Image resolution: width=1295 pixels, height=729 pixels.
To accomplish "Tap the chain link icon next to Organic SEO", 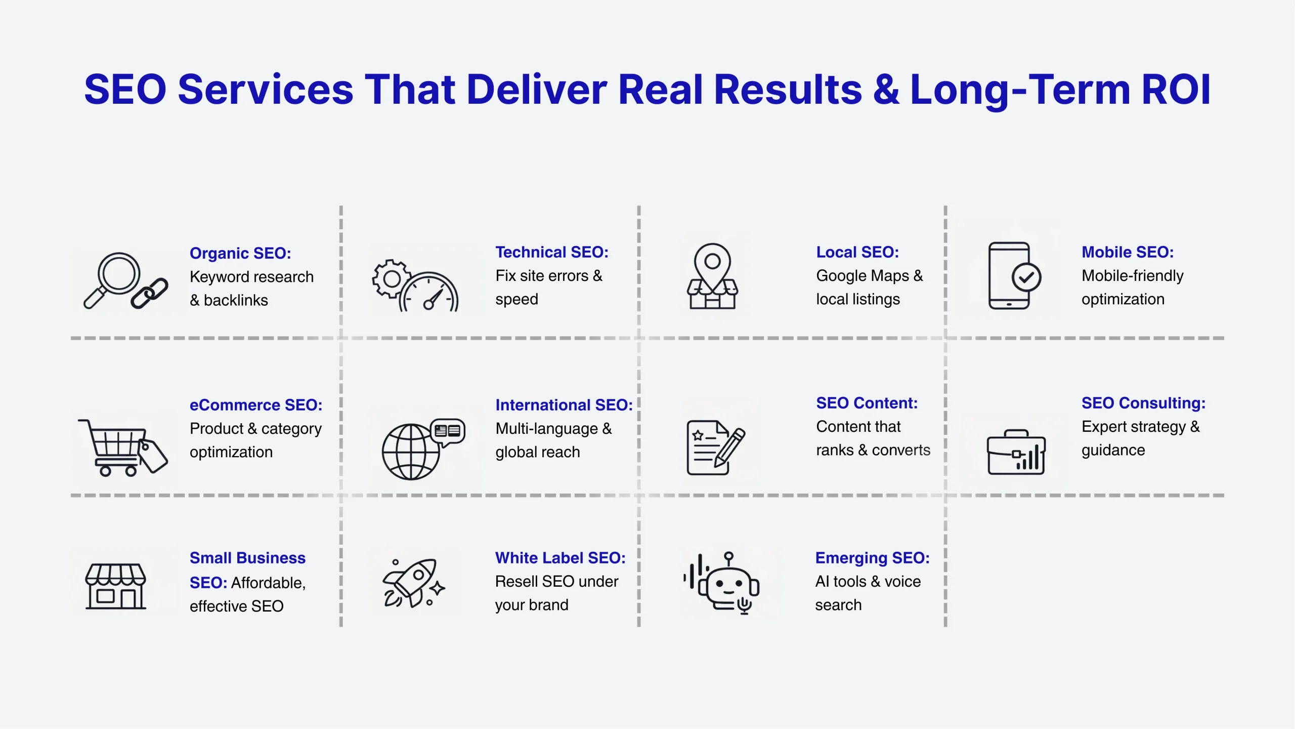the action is tap(149, 293).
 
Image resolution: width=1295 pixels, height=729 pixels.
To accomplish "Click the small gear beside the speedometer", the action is tap(391, 278).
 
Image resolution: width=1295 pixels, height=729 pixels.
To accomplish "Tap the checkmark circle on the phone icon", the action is tap(1026, 277).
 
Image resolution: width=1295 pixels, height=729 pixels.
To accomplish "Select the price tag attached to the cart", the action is tap(152, 455).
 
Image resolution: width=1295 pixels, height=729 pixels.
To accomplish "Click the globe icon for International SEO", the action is tap(411, 452).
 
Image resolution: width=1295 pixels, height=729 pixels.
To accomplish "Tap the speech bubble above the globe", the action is tap(448, 432).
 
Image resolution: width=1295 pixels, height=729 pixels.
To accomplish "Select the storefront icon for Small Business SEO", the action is tap(116, 586).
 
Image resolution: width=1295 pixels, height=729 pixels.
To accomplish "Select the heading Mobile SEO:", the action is tap(1128, 252).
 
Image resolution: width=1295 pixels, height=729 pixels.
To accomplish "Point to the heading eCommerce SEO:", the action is tap(256, 405).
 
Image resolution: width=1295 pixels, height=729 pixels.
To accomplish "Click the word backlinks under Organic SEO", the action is tap(236, 300).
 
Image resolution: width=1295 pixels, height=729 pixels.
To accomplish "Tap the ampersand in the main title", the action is tap(886, 90).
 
